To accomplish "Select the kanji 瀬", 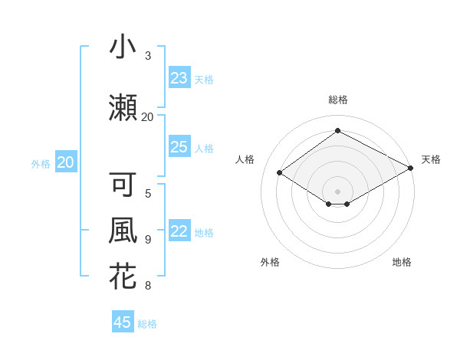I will (x=123, y=106).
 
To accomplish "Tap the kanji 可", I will (x=123, y=185).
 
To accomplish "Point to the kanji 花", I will (x=123, y=277).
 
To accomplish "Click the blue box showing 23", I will (x=179, y=78).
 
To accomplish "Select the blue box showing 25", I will (x=179, y=147).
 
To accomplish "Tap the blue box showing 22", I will (x=179, y=232).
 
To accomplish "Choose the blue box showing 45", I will (x=123, y=322).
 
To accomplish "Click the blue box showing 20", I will (x=66, y=162).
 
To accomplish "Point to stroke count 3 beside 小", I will (x=148, y=56).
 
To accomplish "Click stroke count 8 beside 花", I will (x=148, y=286).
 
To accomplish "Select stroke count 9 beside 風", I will (x=148, y=240).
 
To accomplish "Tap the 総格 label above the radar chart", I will (x=337, y=100).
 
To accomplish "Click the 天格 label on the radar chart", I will (x=431, y=159).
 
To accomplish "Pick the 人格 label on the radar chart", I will (x=245, y=159).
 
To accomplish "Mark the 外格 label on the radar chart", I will (x=270, y=262).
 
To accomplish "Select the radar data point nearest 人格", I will (x=280, y=173).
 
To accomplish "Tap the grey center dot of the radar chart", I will (x=337, y=190).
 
